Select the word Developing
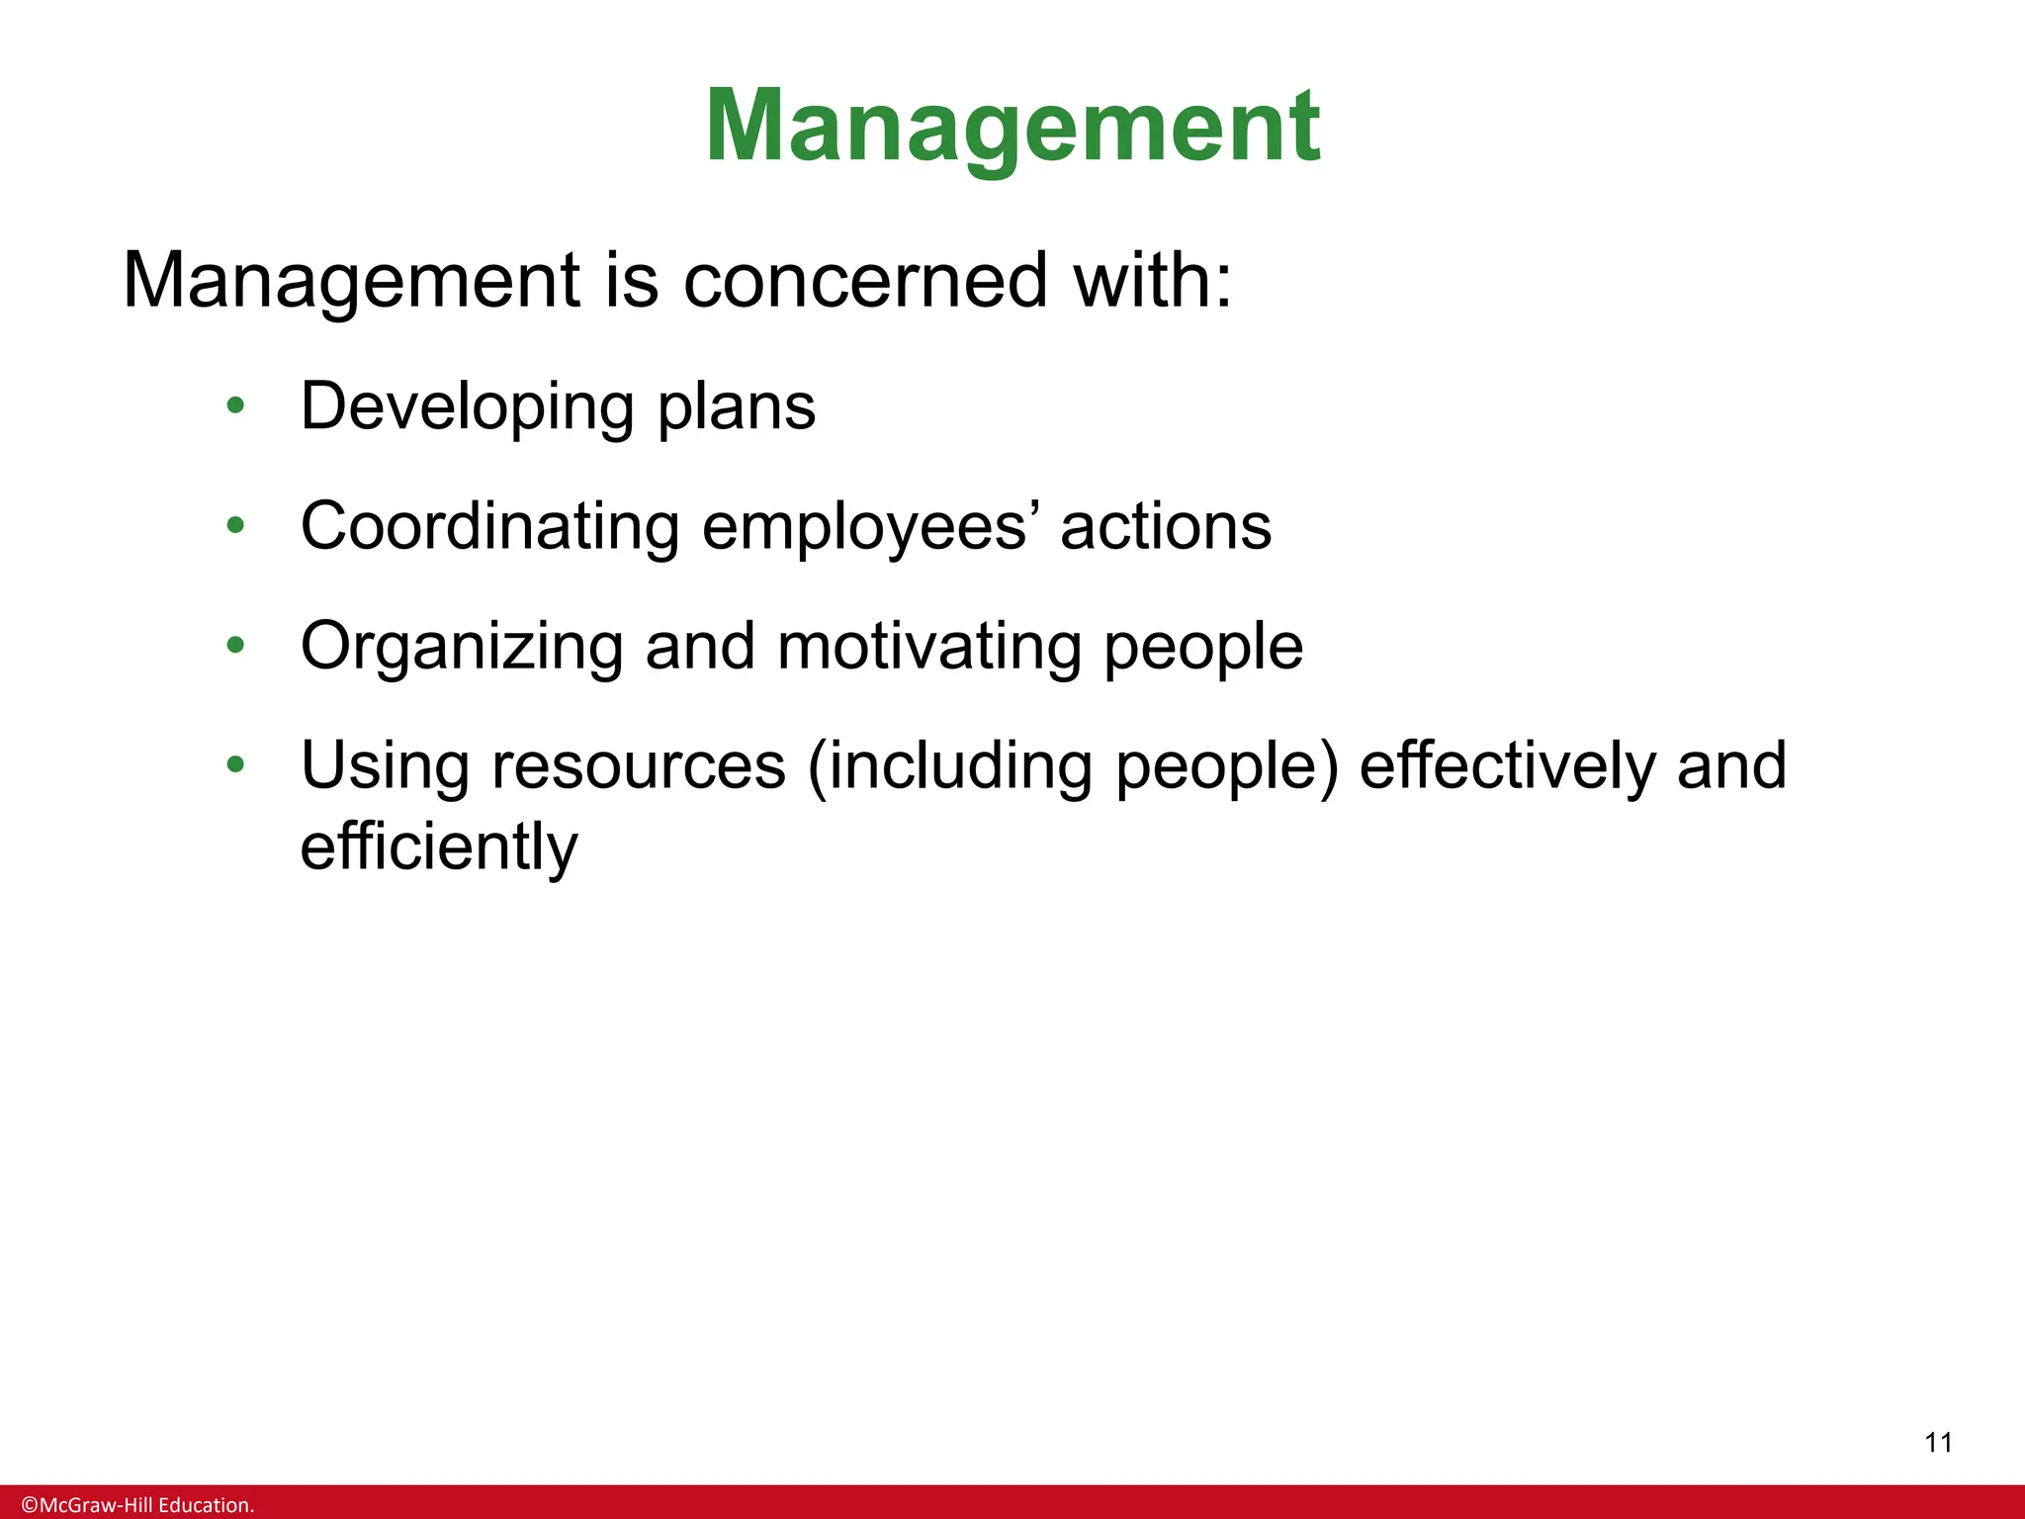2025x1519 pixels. pyautogui.click(x=468, y=407)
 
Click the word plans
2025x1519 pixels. pyautogui.click(x=737, y=407)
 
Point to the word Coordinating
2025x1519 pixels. pyautogui.click(x=489, y=526)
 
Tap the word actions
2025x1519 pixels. pyautogui.click(x=1166, y=526)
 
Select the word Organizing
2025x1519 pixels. pyautogui.click(x=462, y=648)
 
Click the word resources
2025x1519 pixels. pyautogui.click(x=639, y=767)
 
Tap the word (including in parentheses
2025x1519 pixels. pyautogui.click(x=950, y=767)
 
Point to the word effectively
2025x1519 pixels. pyautogui.click(x=1506, y=765)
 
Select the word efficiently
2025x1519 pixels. pyautogui.click(x=439, y=849)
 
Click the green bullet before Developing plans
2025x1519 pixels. pyautogui.click(x=235, y=405)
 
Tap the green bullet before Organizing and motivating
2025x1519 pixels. pyautogui.click(x=235, y=646)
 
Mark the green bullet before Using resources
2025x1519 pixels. pyautogui.click(x=235, y=764)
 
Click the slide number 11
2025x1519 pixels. pyautogui.click(x=1939, y=1443)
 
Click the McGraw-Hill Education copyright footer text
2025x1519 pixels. pyautogui.click(x=138, y=1505)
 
